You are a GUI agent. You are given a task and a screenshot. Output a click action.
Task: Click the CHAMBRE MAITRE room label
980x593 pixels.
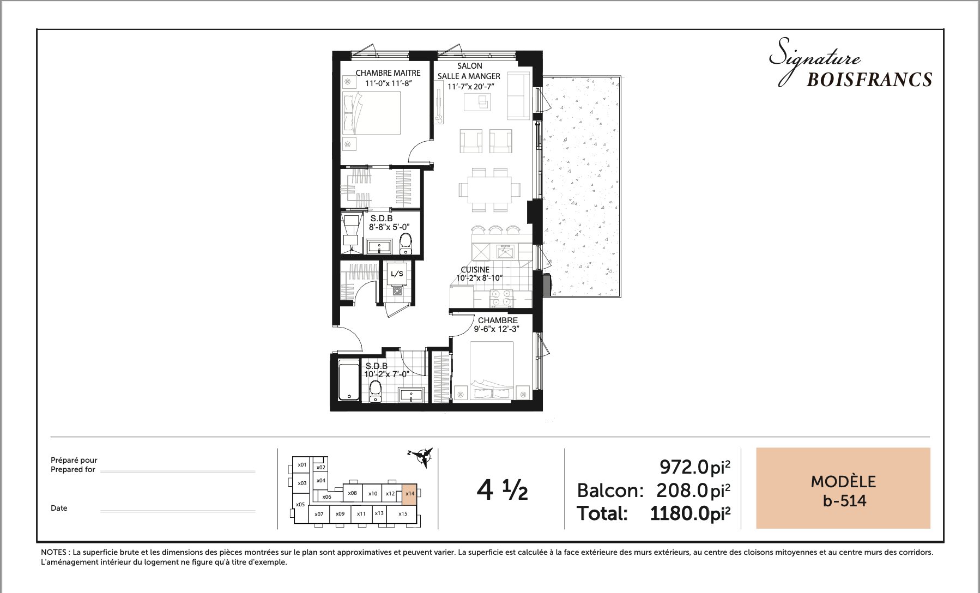[388, 73]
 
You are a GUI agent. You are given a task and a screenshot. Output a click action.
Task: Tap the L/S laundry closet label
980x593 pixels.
[397, 274]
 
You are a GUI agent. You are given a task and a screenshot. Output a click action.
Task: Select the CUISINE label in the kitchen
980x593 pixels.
[475, 270]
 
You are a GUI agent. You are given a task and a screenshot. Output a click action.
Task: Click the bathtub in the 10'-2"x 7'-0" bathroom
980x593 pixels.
[348, 380]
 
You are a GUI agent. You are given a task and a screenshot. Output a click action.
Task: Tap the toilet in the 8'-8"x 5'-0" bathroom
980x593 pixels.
[406, 243]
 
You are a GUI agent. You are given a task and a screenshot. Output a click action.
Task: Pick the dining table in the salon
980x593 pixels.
[489, 190]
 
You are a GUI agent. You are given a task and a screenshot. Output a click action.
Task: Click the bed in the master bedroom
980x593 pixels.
[372, 113]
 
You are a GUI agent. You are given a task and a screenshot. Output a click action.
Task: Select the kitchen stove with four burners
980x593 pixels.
[501, 298]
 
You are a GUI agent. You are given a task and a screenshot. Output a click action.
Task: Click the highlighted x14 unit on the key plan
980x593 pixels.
[410, 494]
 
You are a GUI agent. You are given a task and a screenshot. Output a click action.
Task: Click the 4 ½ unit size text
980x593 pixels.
[502, 489]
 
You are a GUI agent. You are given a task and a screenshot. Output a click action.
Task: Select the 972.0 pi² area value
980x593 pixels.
[695, 467]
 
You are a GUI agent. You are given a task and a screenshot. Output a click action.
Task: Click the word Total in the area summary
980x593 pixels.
[602, 513]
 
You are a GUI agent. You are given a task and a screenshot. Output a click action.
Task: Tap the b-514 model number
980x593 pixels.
[844, 500]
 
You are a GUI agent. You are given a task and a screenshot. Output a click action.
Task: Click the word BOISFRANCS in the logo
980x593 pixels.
[869, 80]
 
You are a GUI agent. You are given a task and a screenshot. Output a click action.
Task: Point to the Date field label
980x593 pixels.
[59, 508]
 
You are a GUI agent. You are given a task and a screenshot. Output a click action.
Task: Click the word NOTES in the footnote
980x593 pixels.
[53, 552]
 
